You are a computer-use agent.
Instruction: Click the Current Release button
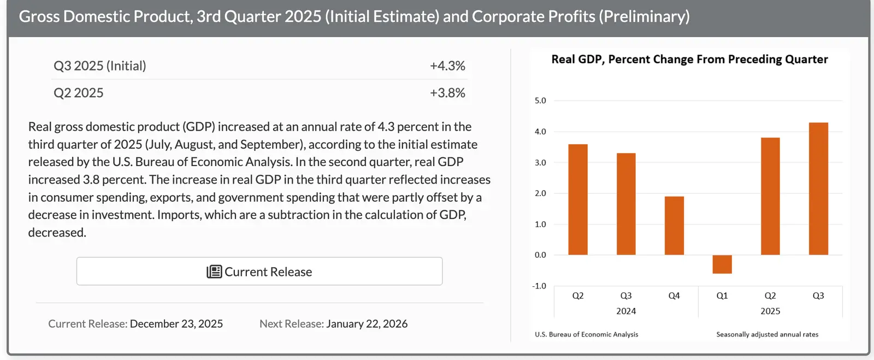pos(259,272)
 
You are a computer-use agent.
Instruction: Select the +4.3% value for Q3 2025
pos(447,66)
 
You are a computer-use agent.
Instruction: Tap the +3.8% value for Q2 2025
pos(447,93)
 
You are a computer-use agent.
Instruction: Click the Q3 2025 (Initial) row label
pos(100,66)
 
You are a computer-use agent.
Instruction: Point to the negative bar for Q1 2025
pos(722,264)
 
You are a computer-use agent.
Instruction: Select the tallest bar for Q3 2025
pos(818,188)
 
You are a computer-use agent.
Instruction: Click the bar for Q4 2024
pos(674,226)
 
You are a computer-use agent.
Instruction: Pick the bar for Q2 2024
pos(578,199)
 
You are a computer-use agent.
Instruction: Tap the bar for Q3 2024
pos(626,204)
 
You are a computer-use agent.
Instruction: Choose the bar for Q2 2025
pos(770,196)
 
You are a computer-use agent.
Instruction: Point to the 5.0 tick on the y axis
pos(540,101)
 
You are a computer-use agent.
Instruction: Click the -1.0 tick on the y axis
pos(539,286)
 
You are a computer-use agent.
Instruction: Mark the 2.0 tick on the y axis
pos(540,193)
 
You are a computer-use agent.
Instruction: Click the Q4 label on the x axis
pos(674,296)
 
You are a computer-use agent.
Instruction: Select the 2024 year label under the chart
pos(626,311)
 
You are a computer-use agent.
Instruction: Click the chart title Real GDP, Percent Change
pos(689,60)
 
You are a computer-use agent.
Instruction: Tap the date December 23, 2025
pos(176,324)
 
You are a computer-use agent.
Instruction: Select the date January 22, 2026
pos(367,324)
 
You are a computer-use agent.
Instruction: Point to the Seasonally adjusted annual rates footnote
pos(767,334)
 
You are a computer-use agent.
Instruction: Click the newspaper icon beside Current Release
pos(214,272)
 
